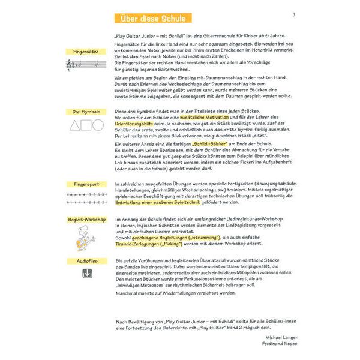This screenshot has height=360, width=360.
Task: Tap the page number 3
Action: point(294,14)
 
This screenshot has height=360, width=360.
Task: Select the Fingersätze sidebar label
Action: point(83,52)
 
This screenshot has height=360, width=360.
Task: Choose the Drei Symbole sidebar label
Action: point(83,112)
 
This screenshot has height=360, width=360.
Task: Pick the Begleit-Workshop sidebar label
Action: point(83,220)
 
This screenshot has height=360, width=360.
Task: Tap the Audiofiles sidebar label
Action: point(83,261)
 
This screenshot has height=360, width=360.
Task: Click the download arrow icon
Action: point(83,274)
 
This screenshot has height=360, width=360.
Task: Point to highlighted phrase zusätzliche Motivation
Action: point(198,118)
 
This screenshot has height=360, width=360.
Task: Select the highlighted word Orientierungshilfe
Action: point(135,124)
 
